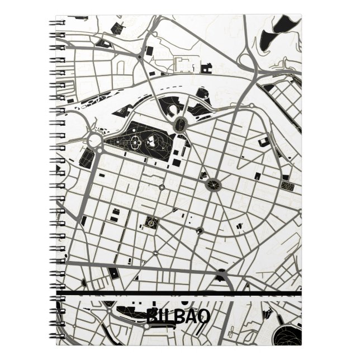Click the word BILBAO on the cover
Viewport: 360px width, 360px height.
coord(178,317)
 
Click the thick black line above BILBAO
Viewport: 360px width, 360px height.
coord(179,294)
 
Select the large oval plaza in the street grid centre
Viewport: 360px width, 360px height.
coord(213,183)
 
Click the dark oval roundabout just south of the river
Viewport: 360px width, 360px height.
coord(180,125)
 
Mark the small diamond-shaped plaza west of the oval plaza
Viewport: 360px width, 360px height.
coord(161,184)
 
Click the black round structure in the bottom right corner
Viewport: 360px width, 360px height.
coord(288,329)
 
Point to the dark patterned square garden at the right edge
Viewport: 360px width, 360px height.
coord(288,185)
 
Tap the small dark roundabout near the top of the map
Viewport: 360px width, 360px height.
coord(139,56)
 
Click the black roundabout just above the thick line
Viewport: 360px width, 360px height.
coord(222,275)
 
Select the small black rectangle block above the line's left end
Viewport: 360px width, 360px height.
coord(113,273)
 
